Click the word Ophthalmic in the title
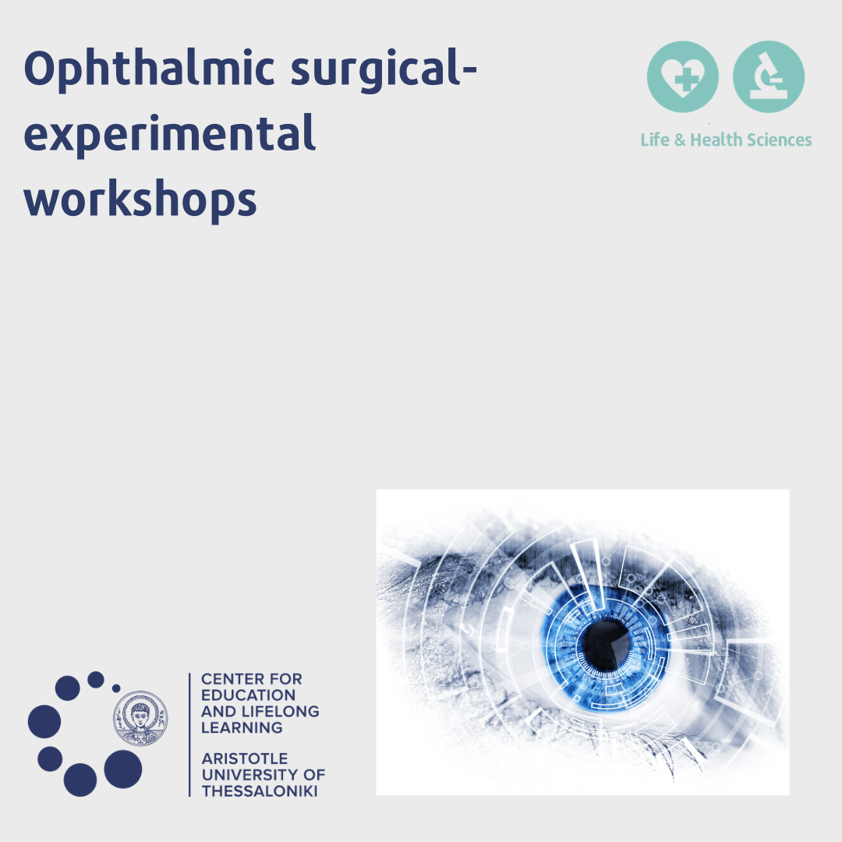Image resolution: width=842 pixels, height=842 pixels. click(x=149, y=70)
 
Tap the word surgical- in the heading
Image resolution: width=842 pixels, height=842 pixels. click(x=384, y=70)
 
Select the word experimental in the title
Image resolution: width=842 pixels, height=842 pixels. click(x=169, y=135)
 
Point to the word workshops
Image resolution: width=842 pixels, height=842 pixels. click(x=140, y=200)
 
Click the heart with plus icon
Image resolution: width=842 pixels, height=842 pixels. click(x=682, y=76)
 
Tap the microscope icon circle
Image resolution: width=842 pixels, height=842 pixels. click(x=769, y=76)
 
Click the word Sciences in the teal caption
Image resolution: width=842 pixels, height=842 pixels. click(x=779, y=140)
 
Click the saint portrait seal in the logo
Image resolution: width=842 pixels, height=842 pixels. click(x=140, y=719)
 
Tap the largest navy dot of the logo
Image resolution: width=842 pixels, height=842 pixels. click(x=123, y=769)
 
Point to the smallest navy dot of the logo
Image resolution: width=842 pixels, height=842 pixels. click(x=116, y=688)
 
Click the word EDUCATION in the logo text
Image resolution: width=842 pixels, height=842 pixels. click(x=248, y=695)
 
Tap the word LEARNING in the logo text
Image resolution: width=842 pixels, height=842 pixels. click(x=242, y=727)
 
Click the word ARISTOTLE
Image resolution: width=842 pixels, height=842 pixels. click(x=245, y=759)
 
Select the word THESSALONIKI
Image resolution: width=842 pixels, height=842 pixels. click(x=260, y=791)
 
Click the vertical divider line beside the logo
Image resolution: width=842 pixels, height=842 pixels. click(x=189, y=734)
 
